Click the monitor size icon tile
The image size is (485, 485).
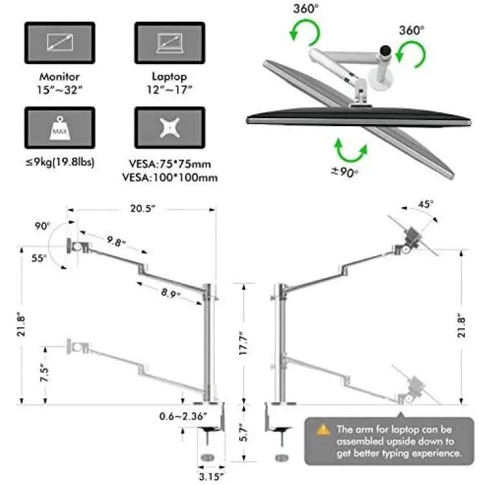pyautogui.click(x=59, y=43)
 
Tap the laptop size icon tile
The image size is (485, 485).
pyautogui.click(x=169, y=43)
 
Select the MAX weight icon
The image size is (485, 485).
pyautogui.click(x=59, y=128)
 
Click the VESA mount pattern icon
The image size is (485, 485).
pyautogui.click(x=169, y=127)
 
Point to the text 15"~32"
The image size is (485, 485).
pyautogui.click(x=59, y=90)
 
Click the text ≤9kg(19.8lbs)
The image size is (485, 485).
pyautogui.click(x=59, y=162)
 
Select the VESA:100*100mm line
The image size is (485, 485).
pyautogui.click(x=170, y=178)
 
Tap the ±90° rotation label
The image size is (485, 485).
pyautogui.click(x=345, y=171)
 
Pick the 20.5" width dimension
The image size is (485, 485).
pyautogui.click(x=142, y=208)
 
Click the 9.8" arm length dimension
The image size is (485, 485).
pyautogui.click(x=116, y=241)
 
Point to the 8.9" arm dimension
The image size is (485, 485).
pyautogui.click(x=170, y=292)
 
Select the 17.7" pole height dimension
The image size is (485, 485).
pyautogui.click(x=244, y=343)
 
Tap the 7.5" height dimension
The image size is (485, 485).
pyautogui.click(x=45, y=374)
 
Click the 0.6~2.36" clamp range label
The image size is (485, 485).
pyautogui.click(x=183, y=416)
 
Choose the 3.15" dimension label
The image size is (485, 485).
pyautogui.click(x=211, y=477)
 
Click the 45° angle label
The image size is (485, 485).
pyautogui.click(x=426, y=204)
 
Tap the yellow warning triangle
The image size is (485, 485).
pyautogui.click(x=323, y=429)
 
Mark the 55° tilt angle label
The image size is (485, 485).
pyautogui.click(x=39, y=258)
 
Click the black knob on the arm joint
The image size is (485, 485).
pyautogui.click(x=385, y=50)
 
